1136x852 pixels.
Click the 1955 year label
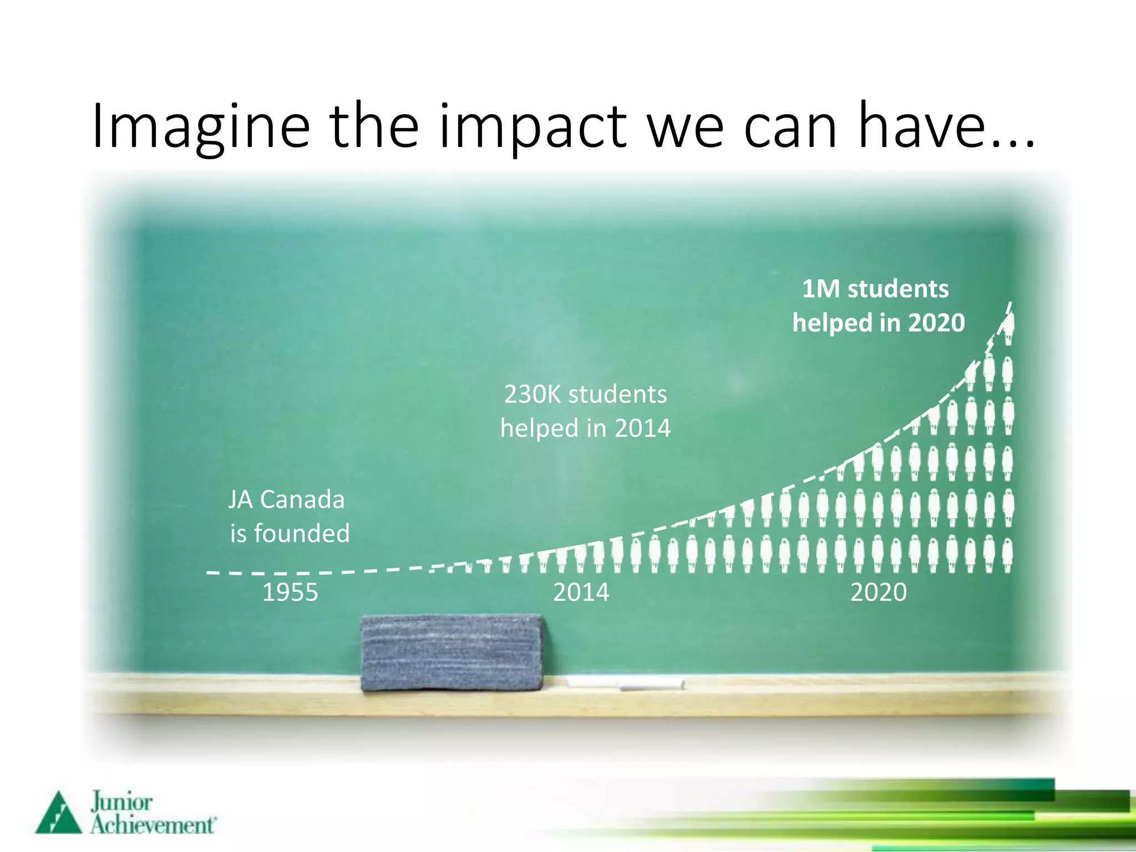[x=290, y=592]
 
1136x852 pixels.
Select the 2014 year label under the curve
[x=581, y=592]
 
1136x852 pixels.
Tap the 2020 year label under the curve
[x=878, y=592]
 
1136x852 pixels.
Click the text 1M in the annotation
[x=820, y=289]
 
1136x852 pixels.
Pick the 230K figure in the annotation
[x=532, y=394]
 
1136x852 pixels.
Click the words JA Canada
[x=286, y=500]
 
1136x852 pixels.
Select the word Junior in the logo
[x=121, y=802]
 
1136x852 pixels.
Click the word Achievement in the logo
[x=153, y=825]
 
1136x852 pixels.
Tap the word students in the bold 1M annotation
[x=898, y=289]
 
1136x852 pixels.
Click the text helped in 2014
[x=585, y=428]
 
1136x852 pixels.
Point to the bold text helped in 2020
[x=878, y=323]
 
